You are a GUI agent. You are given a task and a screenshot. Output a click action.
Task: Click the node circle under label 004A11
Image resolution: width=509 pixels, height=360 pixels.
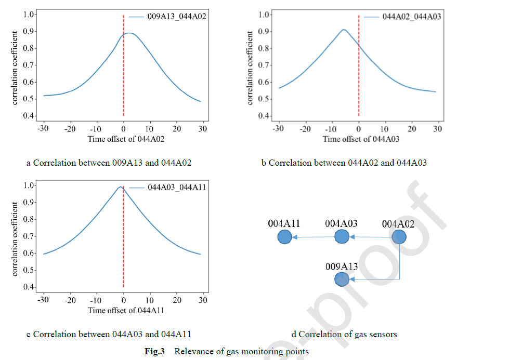point(284,237)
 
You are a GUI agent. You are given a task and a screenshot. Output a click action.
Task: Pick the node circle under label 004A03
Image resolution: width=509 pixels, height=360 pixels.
point(342,237)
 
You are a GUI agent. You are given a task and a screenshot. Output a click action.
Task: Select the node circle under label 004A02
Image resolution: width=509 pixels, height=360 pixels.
point(399,237)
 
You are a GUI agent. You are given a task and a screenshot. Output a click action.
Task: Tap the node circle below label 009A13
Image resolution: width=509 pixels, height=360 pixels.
point(342,279)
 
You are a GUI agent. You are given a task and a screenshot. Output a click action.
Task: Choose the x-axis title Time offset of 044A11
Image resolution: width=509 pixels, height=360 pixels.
point(122,311)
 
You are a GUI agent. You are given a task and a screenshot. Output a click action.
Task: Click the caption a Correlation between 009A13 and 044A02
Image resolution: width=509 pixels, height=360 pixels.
point(109,163)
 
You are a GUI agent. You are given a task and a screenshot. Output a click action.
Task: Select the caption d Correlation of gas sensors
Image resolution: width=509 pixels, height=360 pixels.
point(345,334)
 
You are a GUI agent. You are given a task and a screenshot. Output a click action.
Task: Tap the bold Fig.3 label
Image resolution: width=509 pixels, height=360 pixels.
point(154,352)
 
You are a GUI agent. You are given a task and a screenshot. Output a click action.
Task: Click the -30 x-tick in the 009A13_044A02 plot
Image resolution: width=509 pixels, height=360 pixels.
point(43,129)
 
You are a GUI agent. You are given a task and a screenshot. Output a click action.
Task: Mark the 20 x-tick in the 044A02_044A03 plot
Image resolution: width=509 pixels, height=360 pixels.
point(412,129)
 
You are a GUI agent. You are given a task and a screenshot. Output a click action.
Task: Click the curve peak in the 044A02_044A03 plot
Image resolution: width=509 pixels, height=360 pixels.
point(344,30)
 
